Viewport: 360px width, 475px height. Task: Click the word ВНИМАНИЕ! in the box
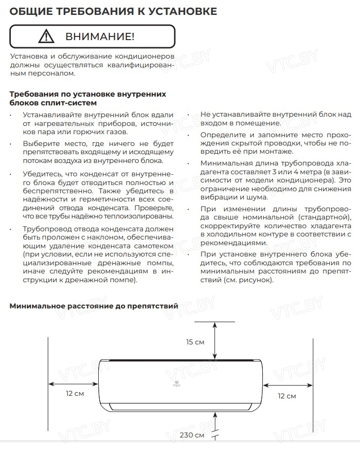tap(100, 36)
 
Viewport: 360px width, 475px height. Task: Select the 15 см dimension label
tap(195, 342)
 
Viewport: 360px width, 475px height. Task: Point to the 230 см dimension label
tap(192, 435)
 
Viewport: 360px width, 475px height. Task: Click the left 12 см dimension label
tap(75, 393)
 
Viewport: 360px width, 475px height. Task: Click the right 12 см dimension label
tap(287, 396)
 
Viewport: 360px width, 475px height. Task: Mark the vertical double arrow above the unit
tap(214, 340)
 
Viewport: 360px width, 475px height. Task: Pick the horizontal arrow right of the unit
tap(288, 383)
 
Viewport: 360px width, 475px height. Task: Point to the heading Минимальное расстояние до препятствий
tap(94, 306)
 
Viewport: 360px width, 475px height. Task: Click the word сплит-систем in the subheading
tap(73, 102)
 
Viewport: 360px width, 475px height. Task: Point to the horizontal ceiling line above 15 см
tap(214, 322)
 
